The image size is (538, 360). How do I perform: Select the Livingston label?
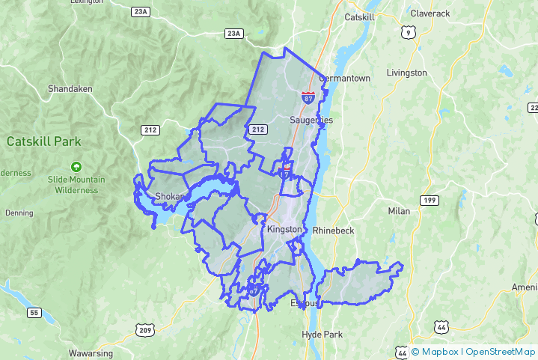click(x=407, y=73)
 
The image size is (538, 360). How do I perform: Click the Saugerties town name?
click(x=311, y=120)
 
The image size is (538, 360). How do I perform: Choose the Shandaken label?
click(x=70, y=88)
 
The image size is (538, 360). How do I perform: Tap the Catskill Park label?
click(x=43, y=141)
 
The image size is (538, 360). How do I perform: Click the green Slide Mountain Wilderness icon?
click(x=76, y=166)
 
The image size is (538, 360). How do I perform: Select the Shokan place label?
click(x=168, y=197)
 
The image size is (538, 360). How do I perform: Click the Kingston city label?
click(x=285, y=229)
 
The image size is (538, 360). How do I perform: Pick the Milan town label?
click(x=399, y=211)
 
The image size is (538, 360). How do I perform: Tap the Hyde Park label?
click(x=321, y=334)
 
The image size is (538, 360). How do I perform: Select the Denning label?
click(x=19, y=213)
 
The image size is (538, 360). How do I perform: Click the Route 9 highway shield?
click(x=408, y=31)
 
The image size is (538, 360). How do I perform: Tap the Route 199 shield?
click(x=429, y=200)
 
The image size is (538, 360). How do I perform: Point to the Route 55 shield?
click(x=34, y=312)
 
